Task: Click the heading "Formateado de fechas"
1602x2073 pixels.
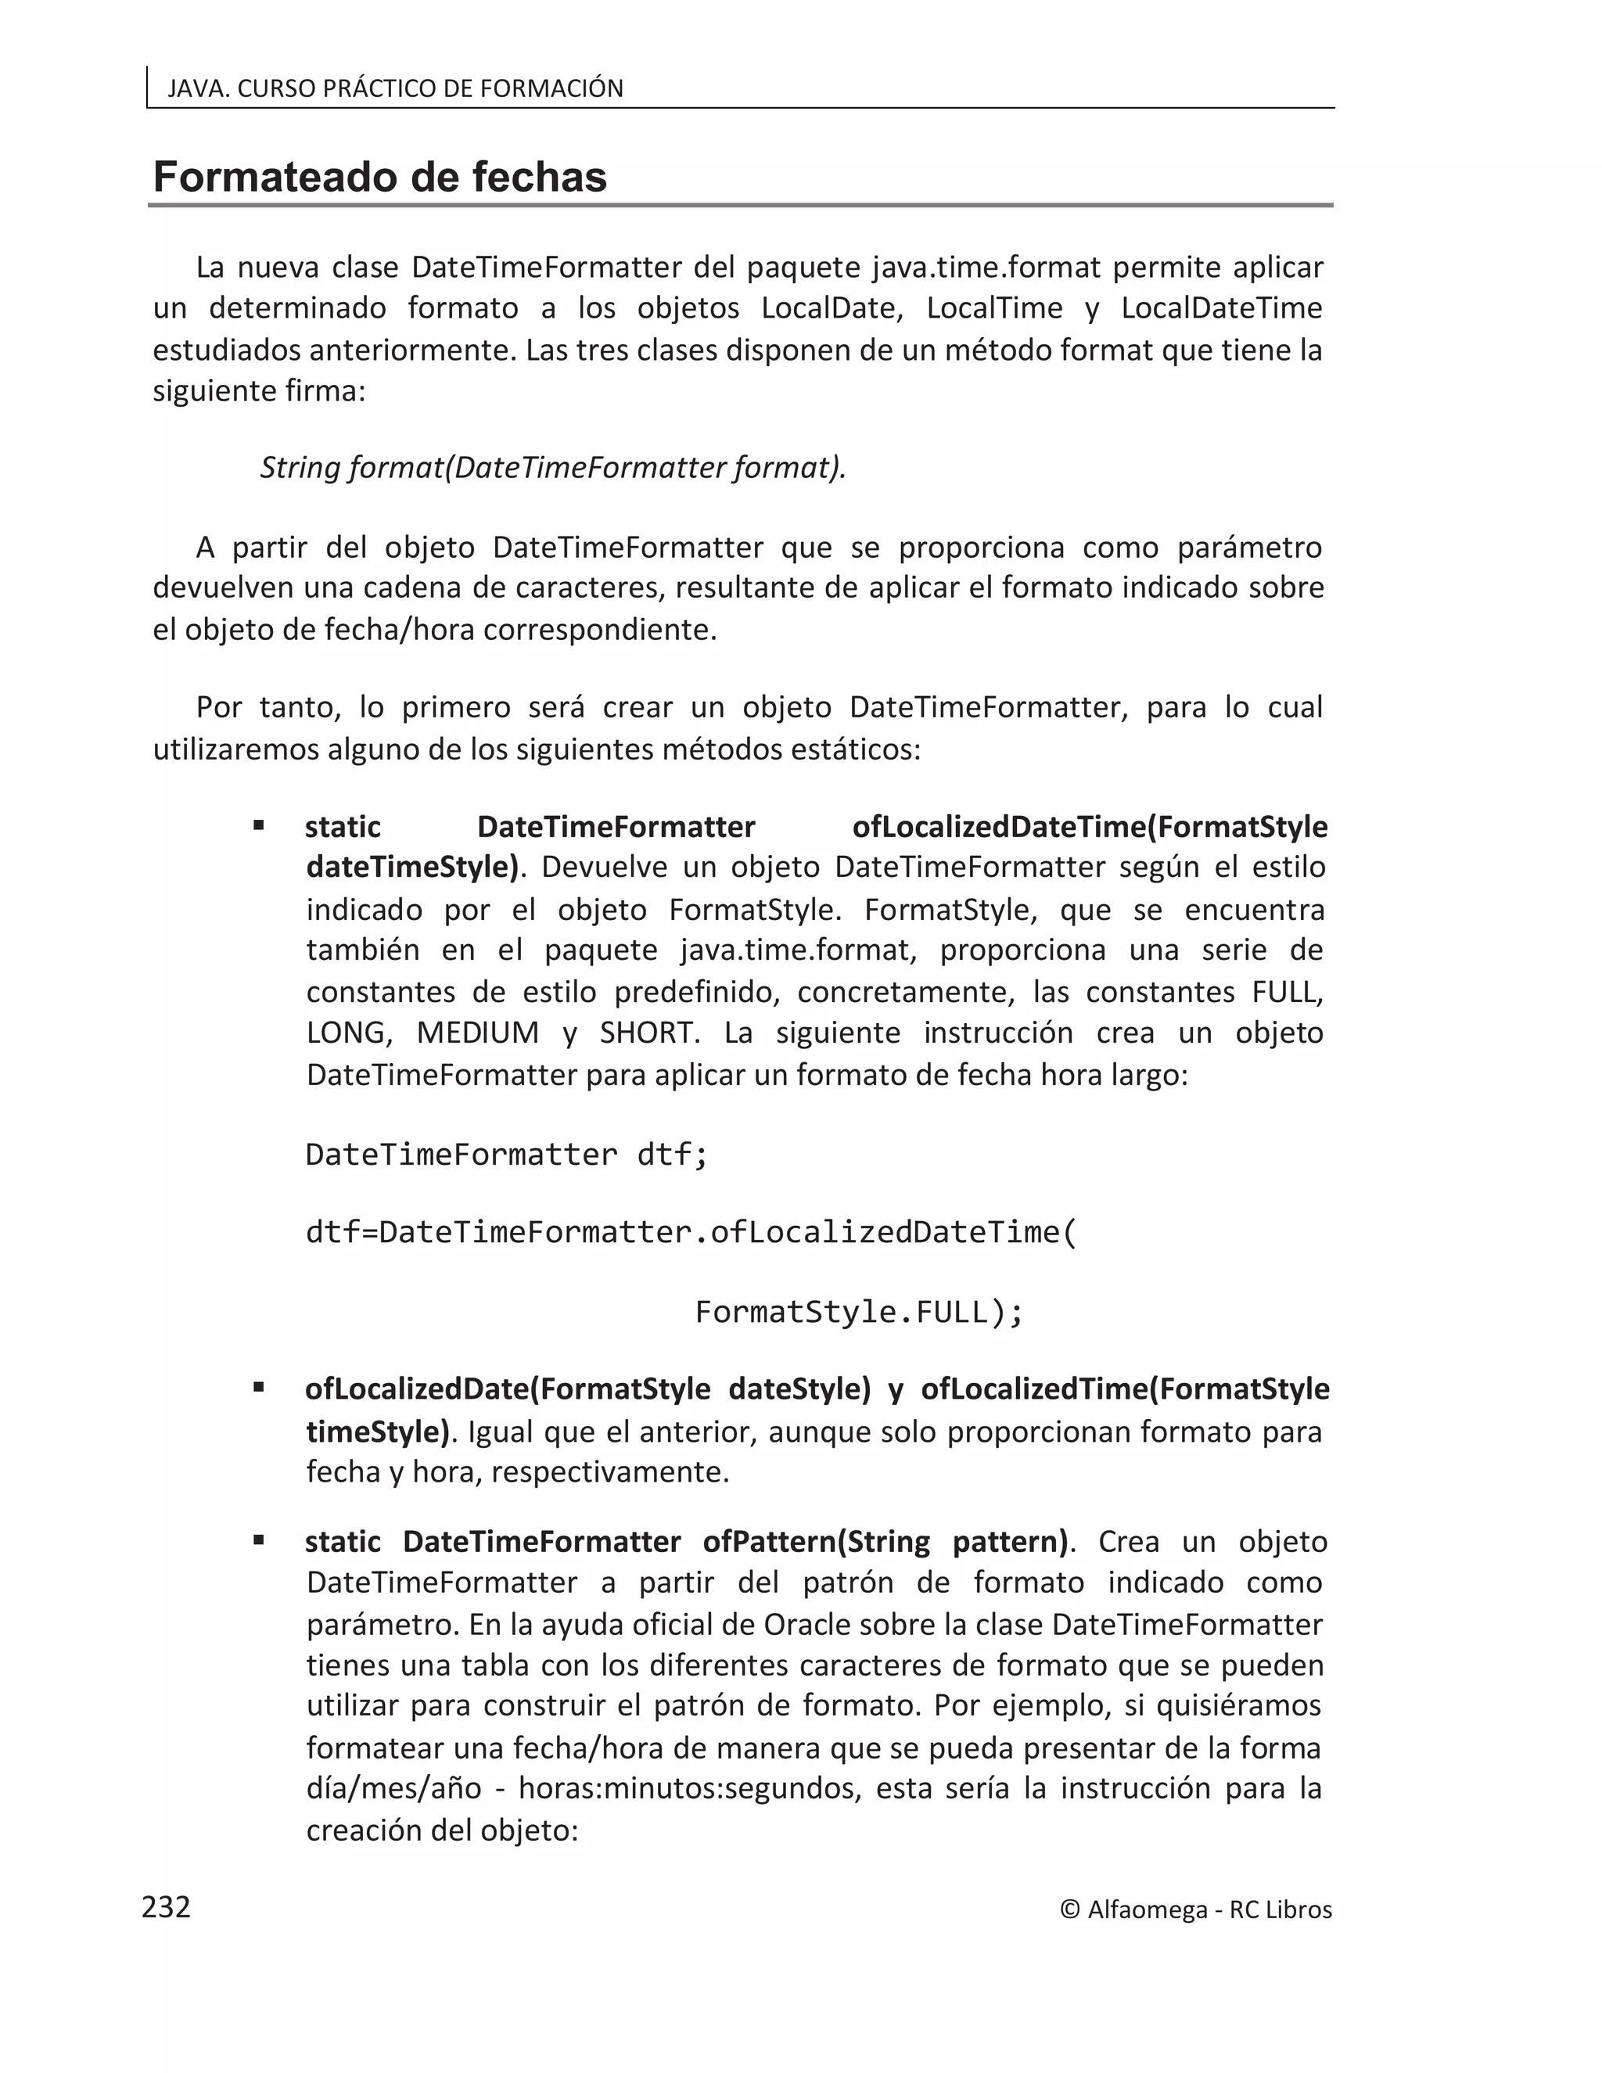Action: [379, 178]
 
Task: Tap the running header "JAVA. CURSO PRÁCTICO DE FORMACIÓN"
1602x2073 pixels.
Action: [395, 88]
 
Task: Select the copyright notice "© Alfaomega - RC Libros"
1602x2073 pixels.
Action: [1196, 1910]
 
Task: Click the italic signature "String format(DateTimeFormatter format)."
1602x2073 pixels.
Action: [552, 468]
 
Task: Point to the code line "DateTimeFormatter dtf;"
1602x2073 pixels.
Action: [507, 1155]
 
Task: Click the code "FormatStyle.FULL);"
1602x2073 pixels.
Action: [859, 1312]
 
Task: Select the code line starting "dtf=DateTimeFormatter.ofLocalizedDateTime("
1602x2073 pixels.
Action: [691, 1232]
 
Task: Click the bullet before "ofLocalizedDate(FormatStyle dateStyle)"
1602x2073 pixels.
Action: [258, 1388]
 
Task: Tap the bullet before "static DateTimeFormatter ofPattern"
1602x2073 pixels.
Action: [258, 1540]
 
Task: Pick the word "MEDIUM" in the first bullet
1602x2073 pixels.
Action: [477, 1033]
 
